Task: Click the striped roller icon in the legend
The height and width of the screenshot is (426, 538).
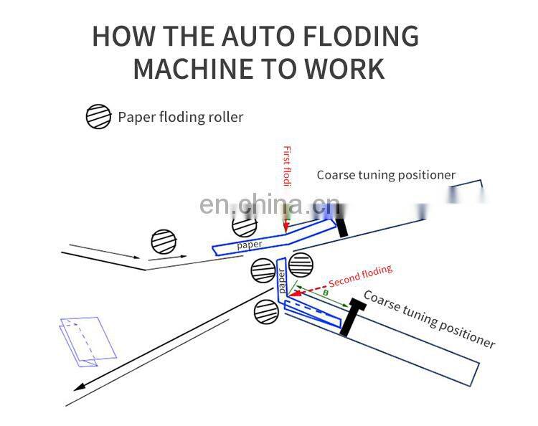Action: [x=98, y=117]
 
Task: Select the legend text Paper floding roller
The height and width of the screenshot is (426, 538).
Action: [x=181, y=117]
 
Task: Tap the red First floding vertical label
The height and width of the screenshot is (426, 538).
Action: [x=287, y=167]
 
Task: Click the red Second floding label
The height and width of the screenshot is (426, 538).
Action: [x=360, y=276]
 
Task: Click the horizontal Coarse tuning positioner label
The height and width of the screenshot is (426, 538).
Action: [x=386, y=175]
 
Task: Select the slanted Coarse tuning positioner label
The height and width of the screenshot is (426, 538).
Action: [x=429, y=319]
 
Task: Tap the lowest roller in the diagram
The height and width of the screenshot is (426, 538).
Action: [x=267, y=312]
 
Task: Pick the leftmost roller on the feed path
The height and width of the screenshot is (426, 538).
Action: [x=164, y=242]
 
